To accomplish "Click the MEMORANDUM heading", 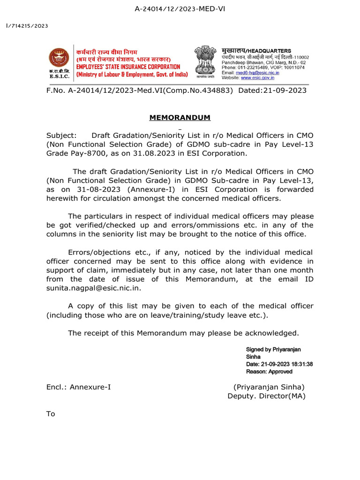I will click(x=180, y=117).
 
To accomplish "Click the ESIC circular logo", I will click(x=59, y=59).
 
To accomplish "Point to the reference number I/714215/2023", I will click(x=27, y=26).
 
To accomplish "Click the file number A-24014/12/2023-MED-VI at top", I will click(x=180, y=9).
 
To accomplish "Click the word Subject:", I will click(x=61, y=135).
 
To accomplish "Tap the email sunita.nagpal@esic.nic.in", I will click(x=93, y=288).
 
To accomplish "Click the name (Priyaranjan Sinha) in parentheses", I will click(x=269, y=387).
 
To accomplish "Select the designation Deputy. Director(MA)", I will click(x=266, y=396).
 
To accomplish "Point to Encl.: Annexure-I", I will click(x=78, y=387).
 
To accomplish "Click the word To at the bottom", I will click(x=51, y=414).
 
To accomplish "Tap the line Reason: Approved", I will click(x=269, y=371).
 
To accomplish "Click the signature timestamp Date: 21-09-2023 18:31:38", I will click(x=279, y=364).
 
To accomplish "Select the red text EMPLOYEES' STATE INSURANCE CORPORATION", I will click(x=128, y=67).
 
